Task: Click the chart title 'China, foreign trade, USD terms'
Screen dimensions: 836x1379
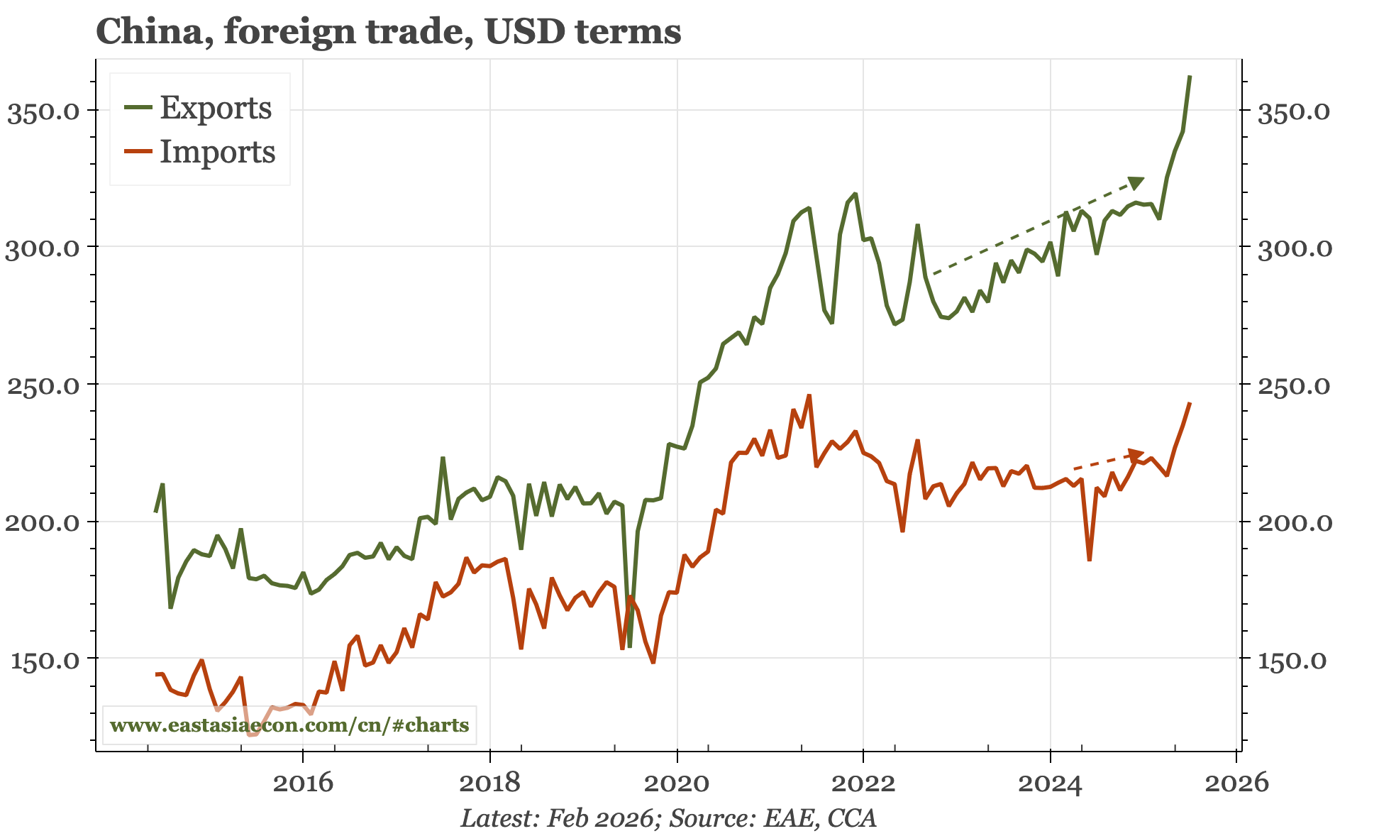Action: (x=388, y=31)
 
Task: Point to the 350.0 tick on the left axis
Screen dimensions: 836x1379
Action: (x=43, y=111)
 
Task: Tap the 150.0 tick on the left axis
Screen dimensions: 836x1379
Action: (x=43, y=660)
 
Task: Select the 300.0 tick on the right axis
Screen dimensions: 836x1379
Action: (x=1293, y=248)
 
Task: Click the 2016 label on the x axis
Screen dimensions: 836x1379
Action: (x=303, y=783)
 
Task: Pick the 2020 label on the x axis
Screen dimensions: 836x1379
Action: (x=677, y=783)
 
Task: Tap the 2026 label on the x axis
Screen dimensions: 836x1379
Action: (x=1237, y=783)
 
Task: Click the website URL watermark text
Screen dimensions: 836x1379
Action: (x=289, y=725)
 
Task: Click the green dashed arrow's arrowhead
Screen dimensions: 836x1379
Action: (x=1136, y=182)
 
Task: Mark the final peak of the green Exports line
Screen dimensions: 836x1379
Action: (x=1190, y=76)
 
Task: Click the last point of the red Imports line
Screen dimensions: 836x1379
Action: (x=1190, y=403)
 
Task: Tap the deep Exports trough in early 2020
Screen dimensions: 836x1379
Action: (x=629, y=646)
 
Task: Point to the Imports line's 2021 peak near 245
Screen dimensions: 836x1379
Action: (x=809, y=396)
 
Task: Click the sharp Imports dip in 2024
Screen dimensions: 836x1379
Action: (x=1089, y=560)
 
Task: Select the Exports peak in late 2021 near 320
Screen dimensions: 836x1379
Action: (x=855, y=194)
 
